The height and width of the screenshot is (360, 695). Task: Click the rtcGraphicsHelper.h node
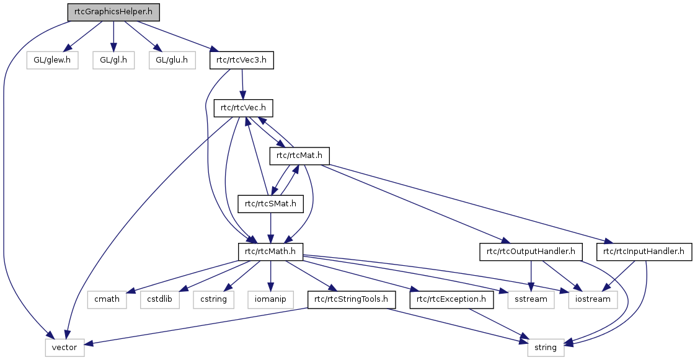click(x=113, y=12)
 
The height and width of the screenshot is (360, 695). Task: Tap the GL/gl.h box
click(x=113, y=60)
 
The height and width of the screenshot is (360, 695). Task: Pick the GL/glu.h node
click(x=172, y=60)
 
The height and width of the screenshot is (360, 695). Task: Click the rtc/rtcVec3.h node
click(x=242, y=60)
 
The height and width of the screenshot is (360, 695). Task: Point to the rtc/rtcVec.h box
click(x=244, y=108)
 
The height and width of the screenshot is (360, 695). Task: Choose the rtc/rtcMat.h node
click(x=299, y=156)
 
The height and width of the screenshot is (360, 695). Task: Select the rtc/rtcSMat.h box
click(x=270, y=203)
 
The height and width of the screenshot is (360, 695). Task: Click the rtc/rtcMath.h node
click(x=270, y=252)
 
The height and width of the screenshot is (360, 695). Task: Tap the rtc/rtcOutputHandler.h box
click(x=530, y=252)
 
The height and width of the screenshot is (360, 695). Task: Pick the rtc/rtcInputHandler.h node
click(x=644, y=252)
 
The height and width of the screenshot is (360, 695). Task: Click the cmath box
click(x=107, y=300)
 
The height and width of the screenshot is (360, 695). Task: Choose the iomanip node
click(x=270, y=300)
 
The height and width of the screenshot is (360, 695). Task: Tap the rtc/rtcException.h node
click(x=451, y=300)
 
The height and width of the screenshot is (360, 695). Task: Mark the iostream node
click(x=591, y=300)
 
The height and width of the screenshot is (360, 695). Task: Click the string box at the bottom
click(x=546, y=348)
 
